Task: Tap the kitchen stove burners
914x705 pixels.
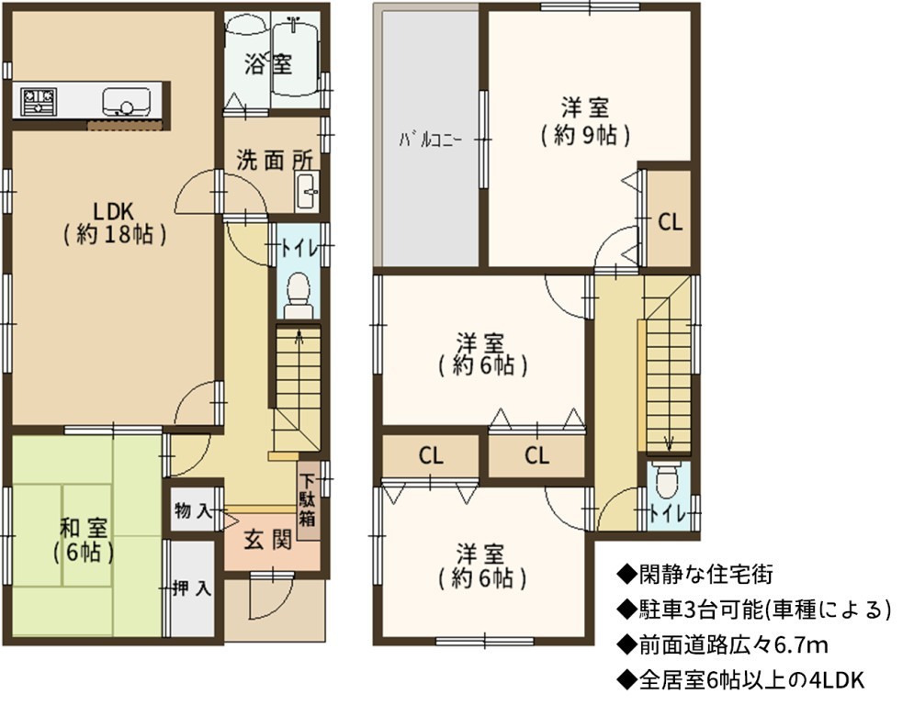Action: (x=39, y=101)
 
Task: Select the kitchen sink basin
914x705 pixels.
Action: (x=125, y=102)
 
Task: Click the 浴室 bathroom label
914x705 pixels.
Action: (x=268, y=64)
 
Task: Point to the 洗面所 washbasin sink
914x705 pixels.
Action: (x=307, y=191)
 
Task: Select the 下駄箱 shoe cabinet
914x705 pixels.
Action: (x=309, y=501)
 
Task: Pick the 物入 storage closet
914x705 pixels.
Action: (x=194, y=511)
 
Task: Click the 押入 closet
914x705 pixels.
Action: (x=192, y=588)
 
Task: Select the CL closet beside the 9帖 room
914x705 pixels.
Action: (x=670, y=218)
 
